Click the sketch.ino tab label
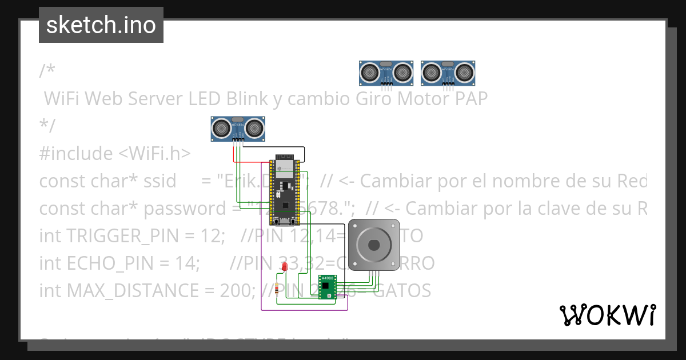[x=101, y=25]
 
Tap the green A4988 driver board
[x=328, y=287]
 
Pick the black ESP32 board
[x=285, y=189]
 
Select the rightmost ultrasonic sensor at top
[x=448, y=73]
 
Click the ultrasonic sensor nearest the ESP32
[x=238, y=128]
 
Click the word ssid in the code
[x=160, y=181]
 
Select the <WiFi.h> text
[x=155, y=153]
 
